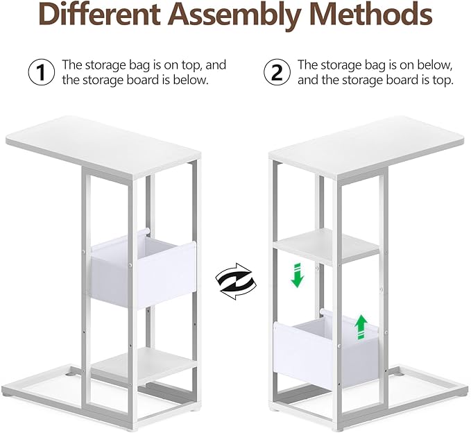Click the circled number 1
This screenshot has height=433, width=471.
click(x=42, y=72)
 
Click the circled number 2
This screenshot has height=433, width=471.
click(x=277, y=72)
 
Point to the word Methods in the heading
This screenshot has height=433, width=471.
click(x=371, y=14)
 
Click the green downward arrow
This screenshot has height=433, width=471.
click(x=297, y=275)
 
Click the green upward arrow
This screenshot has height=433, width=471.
click(x=361, y=328)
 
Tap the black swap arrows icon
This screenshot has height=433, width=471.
click(x=236, y=282)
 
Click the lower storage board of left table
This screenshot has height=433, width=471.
click(x=144, y=366)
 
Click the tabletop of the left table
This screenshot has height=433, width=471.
click(x=103, y=147)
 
